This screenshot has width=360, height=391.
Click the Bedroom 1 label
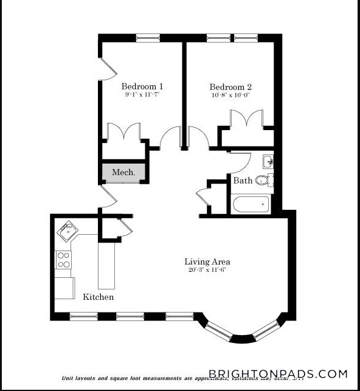pos(142,86)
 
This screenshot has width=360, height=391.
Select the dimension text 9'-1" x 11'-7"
pos(142,95)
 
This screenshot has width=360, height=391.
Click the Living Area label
pos(207,262)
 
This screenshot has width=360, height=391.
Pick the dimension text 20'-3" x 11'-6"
pos(207,270)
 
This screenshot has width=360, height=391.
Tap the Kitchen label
pos(98,297)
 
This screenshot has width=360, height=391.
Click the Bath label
pos(243,181)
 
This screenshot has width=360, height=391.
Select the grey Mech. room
pos(123,173)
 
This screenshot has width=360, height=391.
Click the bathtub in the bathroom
pos(250,204)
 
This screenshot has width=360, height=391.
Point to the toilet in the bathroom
pos(263,179)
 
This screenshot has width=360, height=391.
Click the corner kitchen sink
pos(67,232)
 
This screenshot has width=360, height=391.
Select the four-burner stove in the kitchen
pos(63,260)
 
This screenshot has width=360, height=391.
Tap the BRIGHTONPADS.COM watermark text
pos(278,374)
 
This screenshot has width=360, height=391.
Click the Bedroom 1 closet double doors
pos(124,132)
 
